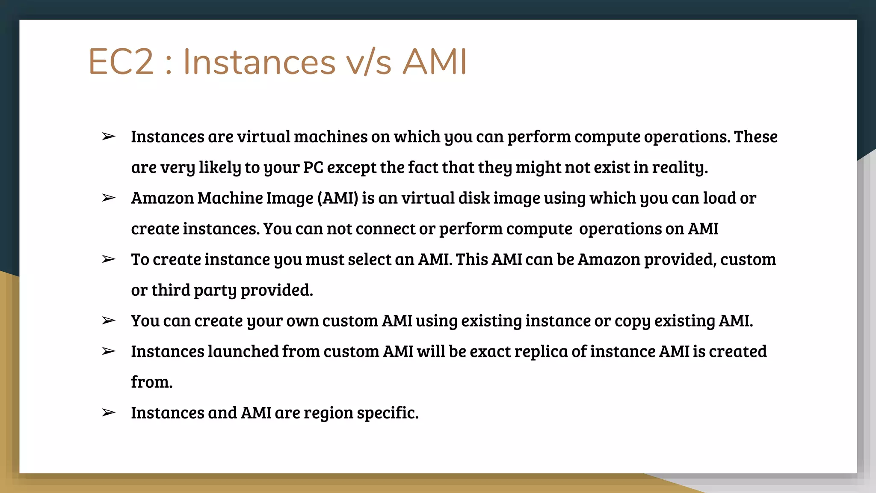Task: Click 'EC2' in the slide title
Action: pyautogui.click(x=121, y=62)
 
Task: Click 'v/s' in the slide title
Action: pyautogui.click(x=368, y=62)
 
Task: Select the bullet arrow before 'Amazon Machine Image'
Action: pyautogui.click(x=109, y=198)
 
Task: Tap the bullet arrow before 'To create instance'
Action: pyautogui.click(x=109, y=259)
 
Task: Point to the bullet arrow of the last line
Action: pyautogui.click(x=109, y=413)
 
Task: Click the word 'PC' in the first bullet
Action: pyautogui.click(x=313, y=167)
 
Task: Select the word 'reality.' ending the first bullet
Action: pyautogui.click(x=680, y=167)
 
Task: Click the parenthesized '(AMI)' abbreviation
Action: pyautogui.click(x=337, y=198)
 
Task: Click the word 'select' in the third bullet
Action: pyautogui.click(x=370, y=259)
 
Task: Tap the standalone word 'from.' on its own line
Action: pyautogui.click(x=151, y=382)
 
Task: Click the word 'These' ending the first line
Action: pyautogui.click(x=755, y=137)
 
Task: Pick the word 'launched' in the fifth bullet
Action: pyautogui.click(x=243, y=352)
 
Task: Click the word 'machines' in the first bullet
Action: pyautogui.click(x=330, y=137)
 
